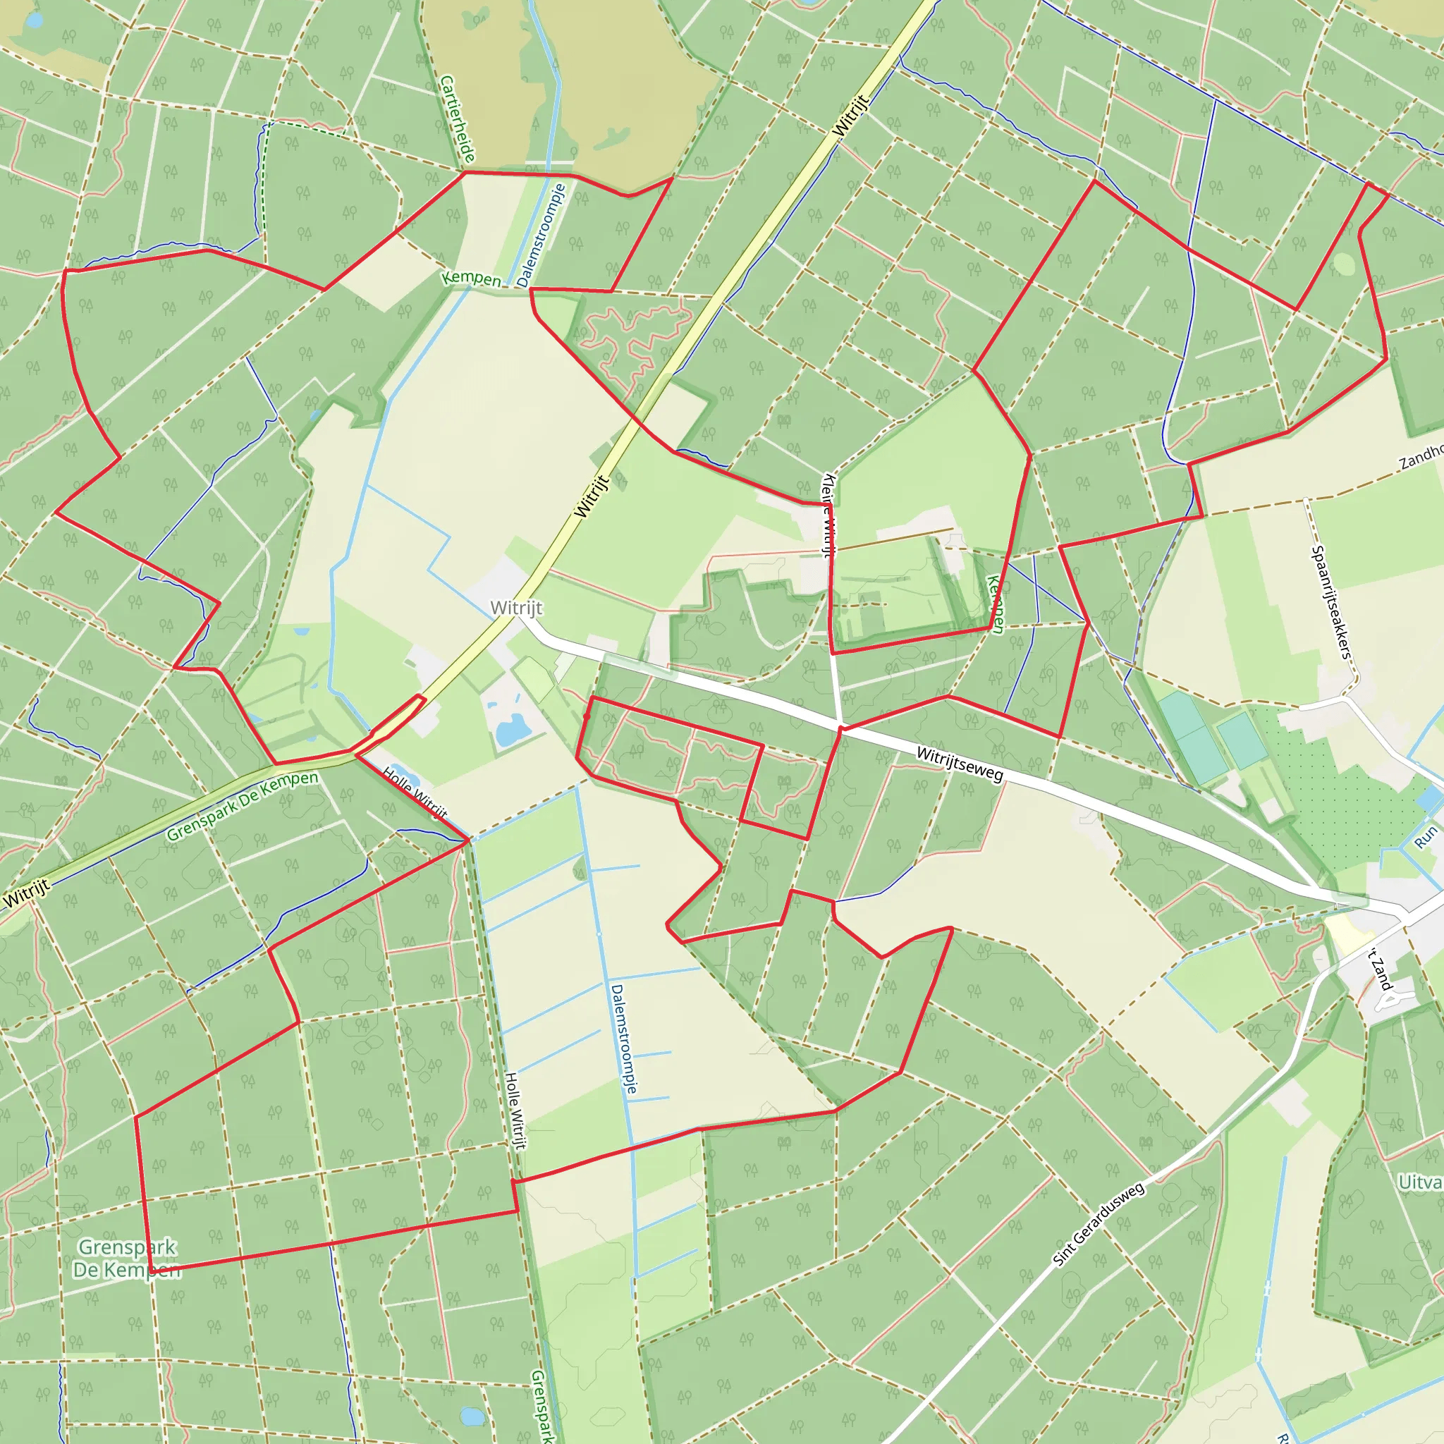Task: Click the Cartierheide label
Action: [458, 120]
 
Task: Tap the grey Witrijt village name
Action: [516, 608]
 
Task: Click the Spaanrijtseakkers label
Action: [1331, 602]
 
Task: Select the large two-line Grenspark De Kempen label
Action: [127, 1258]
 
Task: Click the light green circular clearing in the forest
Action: [1343, 264]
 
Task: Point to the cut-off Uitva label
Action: [1420, 1182]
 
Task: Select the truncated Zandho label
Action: [1421, 457]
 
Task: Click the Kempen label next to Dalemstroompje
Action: [471, 279]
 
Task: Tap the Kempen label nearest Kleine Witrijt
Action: [995, 604]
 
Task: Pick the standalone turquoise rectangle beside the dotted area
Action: [1242, 741]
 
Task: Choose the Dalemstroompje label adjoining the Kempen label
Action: [541, 236]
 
